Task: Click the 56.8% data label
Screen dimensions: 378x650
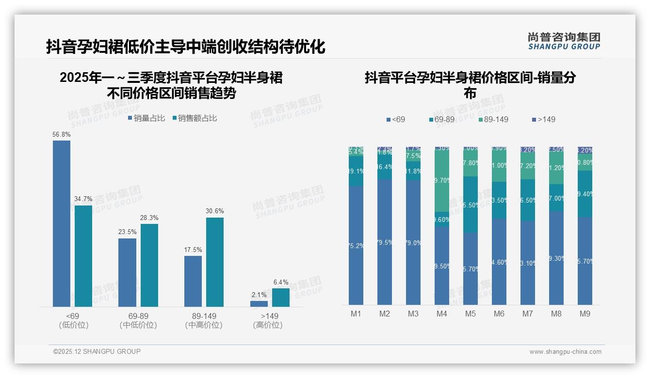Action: tap(62, 134)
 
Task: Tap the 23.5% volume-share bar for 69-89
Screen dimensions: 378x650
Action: tap(127, 272)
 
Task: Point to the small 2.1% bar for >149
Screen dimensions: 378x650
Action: tap(259, 304)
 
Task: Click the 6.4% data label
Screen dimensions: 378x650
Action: tap(281, 282)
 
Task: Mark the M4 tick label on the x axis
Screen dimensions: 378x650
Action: tap(441, 314)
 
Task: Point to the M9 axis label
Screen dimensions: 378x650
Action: tap(585, 314)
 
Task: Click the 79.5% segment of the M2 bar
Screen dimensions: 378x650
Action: tap(385, 242)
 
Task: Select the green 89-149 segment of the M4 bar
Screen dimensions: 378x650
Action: tap(441, 180)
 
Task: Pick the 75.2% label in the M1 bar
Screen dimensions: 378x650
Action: tap(356, 246)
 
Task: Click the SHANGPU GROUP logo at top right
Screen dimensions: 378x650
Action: tap(564, 41)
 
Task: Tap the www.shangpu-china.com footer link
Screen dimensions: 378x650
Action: tap(565, 352)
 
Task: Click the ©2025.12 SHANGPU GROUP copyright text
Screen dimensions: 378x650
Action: tap(97, 351)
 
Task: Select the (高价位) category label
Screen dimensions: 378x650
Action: tap(268, 325)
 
